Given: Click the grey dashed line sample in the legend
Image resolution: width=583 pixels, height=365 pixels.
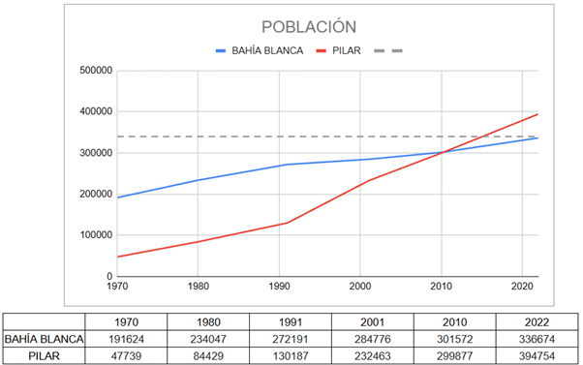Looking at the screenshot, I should [385, 50].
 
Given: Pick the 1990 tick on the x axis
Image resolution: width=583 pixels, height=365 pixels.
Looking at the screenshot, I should [281, 286].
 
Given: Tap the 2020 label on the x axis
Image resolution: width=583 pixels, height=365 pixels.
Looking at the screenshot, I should [523, 286].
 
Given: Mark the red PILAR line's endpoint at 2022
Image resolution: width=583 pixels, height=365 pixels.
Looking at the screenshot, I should [537, 114].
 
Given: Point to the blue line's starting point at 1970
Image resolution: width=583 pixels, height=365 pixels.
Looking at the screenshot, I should [117, 198].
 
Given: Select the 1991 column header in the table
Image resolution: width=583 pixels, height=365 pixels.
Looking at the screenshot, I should [291, 321].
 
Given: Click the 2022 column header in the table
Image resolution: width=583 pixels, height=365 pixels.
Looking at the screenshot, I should [537, 321].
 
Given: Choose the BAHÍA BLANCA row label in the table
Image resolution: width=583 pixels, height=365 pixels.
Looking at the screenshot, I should [43, 339].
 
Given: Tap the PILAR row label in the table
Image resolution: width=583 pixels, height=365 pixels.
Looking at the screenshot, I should [43, 355].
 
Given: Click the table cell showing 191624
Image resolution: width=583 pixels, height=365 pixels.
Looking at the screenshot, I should [126, 339].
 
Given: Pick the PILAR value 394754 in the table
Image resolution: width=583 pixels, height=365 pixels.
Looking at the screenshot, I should [537, 355].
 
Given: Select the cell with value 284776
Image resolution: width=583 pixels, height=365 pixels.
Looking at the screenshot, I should [373, 339].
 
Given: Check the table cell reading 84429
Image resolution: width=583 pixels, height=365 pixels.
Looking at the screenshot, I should [208, 355].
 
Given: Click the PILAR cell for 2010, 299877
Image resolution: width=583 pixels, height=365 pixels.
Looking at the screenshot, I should [455, 355].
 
